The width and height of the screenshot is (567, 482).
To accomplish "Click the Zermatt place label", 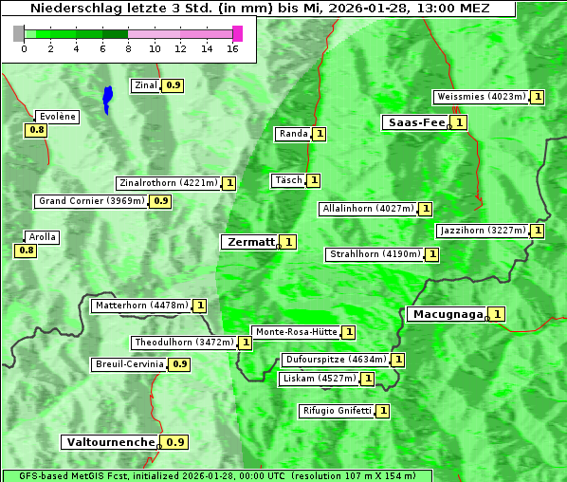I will point(249,242).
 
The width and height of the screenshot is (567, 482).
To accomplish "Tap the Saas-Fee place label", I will point(414,122).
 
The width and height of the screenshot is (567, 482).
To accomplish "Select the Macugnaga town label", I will point(446,314).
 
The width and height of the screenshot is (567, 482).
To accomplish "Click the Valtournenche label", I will point(109,442).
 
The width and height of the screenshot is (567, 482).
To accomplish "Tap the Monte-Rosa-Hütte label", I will point(296,332).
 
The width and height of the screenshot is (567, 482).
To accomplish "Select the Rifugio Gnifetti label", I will point(336,411).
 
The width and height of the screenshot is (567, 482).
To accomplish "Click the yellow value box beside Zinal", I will point(173,85).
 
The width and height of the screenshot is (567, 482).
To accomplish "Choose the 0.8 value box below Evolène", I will point(37,130).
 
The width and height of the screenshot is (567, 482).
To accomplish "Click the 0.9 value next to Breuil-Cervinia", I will point(178,364).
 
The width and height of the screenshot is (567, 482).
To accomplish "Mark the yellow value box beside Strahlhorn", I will point(432,254).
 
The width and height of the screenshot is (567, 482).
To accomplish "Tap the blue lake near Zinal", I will point(107,99).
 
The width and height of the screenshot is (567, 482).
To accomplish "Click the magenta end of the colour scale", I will point(237,33).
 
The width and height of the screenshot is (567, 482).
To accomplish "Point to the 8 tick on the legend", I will point(128,47).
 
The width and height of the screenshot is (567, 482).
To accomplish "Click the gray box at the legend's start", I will point(19,33).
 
